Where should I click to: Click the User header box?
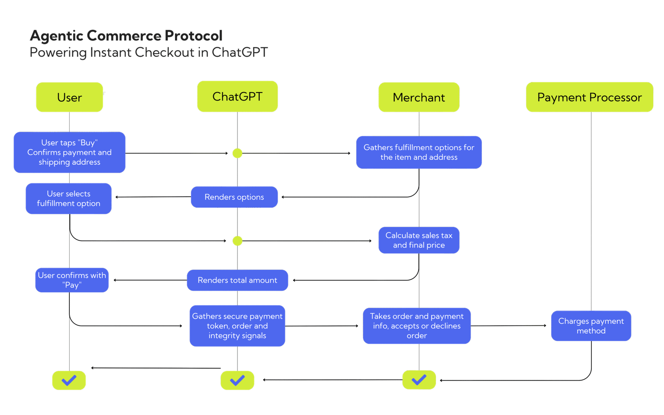tap(69, 97)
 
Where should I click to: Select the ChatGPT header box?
tap(237, 96)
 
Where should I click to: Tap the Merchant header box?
tap(419, 97)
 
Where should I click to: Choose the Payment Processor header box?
tap(589, 97)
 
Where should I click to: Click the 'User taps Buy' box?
tap(69, 152)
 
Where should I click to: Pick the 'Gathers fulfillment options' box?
tap(419, 152)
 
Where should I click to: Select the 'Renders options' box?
tap(234, 197)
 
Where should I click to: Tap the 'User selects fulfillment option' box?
tap(68, 198)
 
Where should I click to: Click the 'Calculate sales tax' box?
tap(419, 240)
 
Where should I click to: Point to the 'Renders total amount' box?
tap(237, 280)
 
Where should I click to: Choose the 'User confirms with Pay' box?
tap(72, 280)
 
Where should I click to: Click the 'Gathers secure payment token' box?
tap(237, 326)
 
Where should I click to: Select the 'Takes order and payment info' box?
tap(417, 326)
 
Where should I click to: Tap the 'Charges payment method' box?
tap(591, 326)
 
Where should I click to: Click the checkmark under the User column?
tap(69, 380)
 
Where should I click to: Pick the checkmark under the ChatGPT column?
tap(237, 380)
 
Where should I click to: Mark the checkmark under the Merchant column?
tap(419, 380)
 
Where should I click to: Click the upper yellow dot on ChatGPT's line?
tap(237, 153)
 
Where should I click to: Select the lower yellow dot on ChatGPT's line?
tap(237, 241)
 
